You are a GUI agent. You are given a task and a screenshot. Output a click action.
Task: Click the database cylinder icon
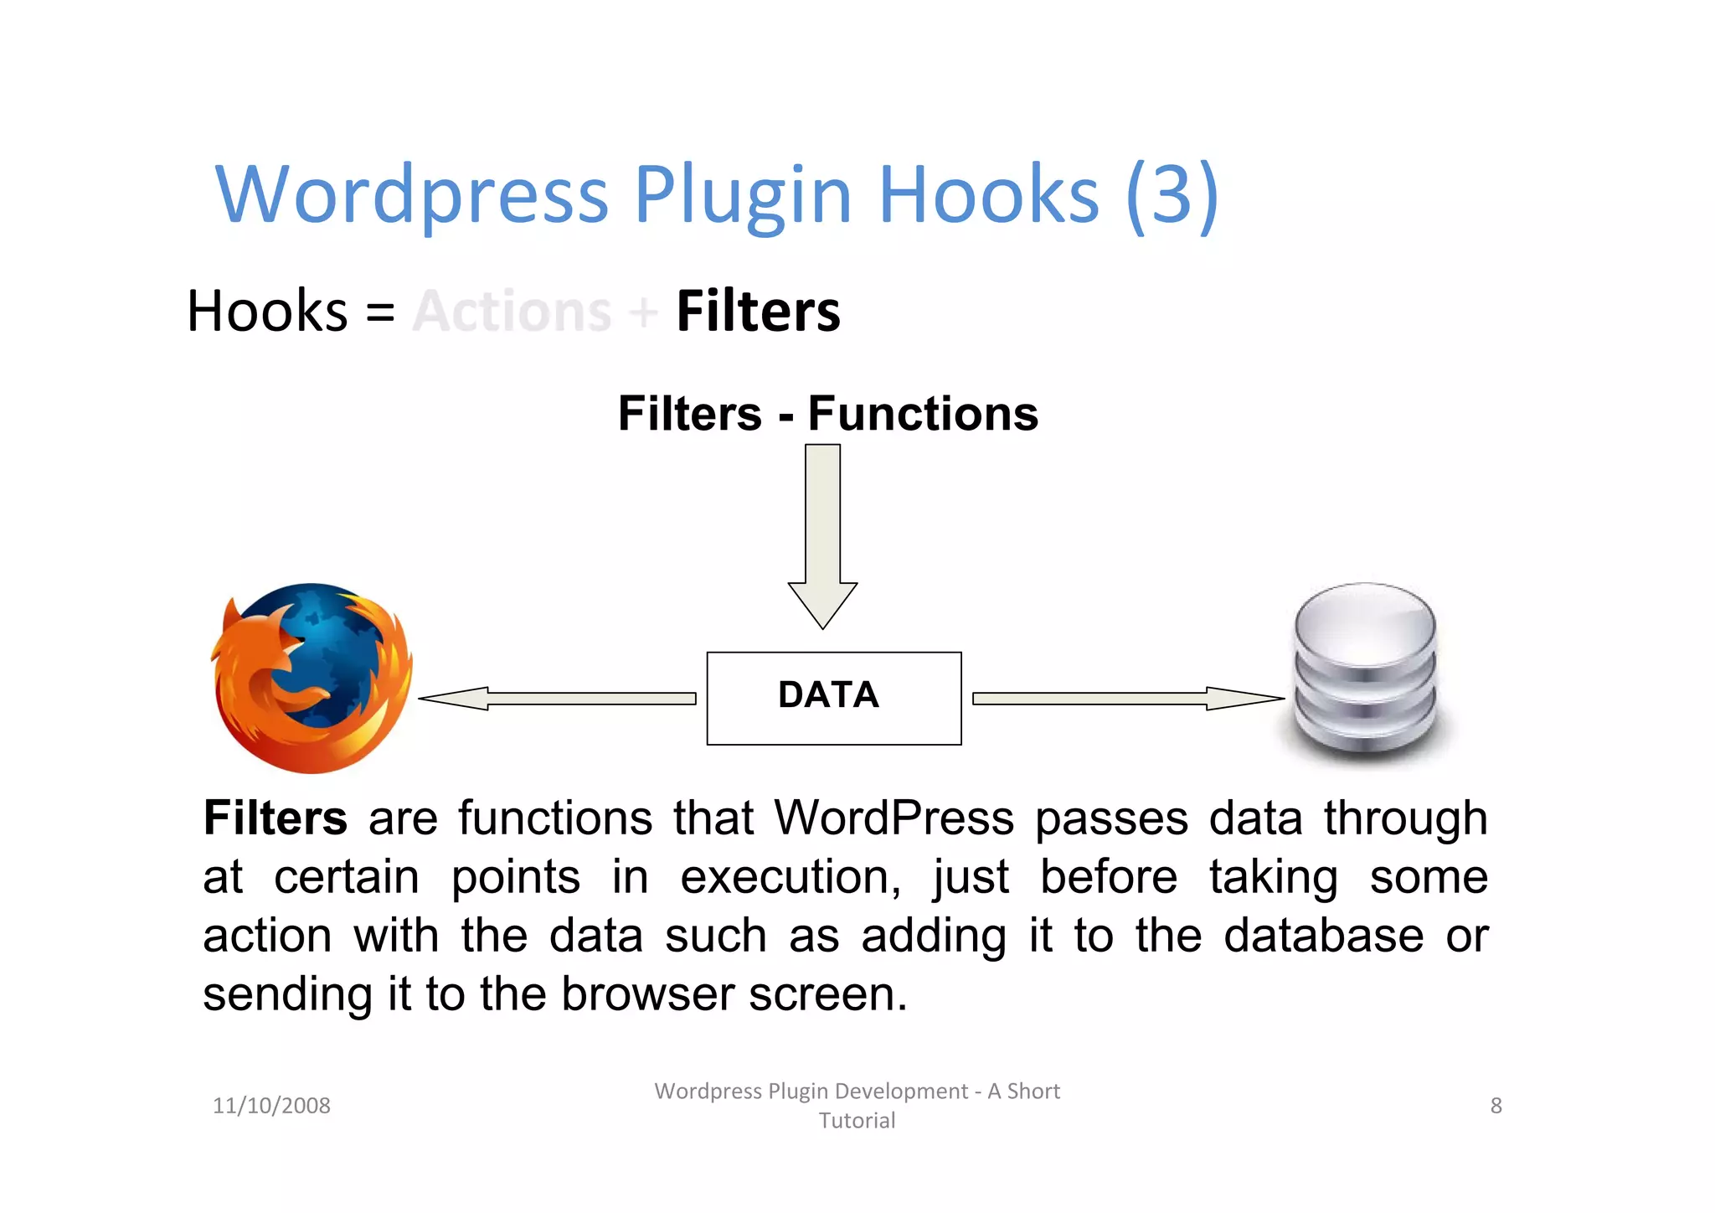(x=1365, y=670)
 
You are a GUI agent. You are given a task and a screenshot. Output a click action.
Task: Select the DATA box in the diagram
(x=833, y=698)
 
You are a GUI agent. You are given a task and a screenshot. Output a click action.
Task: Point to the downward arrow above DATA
(x=822, y=536)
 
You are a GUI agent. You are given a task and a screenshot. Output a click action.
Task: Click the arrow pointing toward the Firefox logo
(x=557, y=698)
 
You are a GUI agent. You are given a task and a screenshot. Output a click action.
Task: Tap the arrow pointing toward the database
(x=1126, y=698)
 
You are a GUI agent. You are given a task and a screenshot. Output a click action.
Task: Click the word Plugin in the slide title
(x=742, y=194)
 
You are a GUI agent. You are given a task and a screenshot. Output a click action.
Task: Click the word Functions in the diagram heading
(x=923, y=414)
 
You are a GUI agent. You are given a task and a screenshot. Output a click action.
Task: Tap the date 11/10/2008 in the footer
(x=271, y=1106)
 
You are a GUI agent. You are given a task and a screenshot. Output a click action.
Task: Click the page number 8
(x=1496, y=1106)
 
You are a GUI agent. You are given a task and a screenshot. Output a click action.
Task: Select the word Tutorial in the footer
(x=857, y=1121)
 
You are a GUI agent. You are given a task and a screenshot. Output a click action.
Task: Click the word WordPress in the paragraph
(x=894, y=818)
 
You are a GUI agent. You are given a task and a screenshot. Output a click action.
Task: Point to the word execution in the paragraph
(x=791, y=878)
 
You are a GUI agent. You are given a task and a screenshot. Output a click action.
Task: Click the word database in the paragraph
(x=1323, y=936)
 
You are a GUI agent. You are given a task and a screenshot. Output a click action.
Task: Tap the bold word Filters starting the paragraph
(x=275, y=818)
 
